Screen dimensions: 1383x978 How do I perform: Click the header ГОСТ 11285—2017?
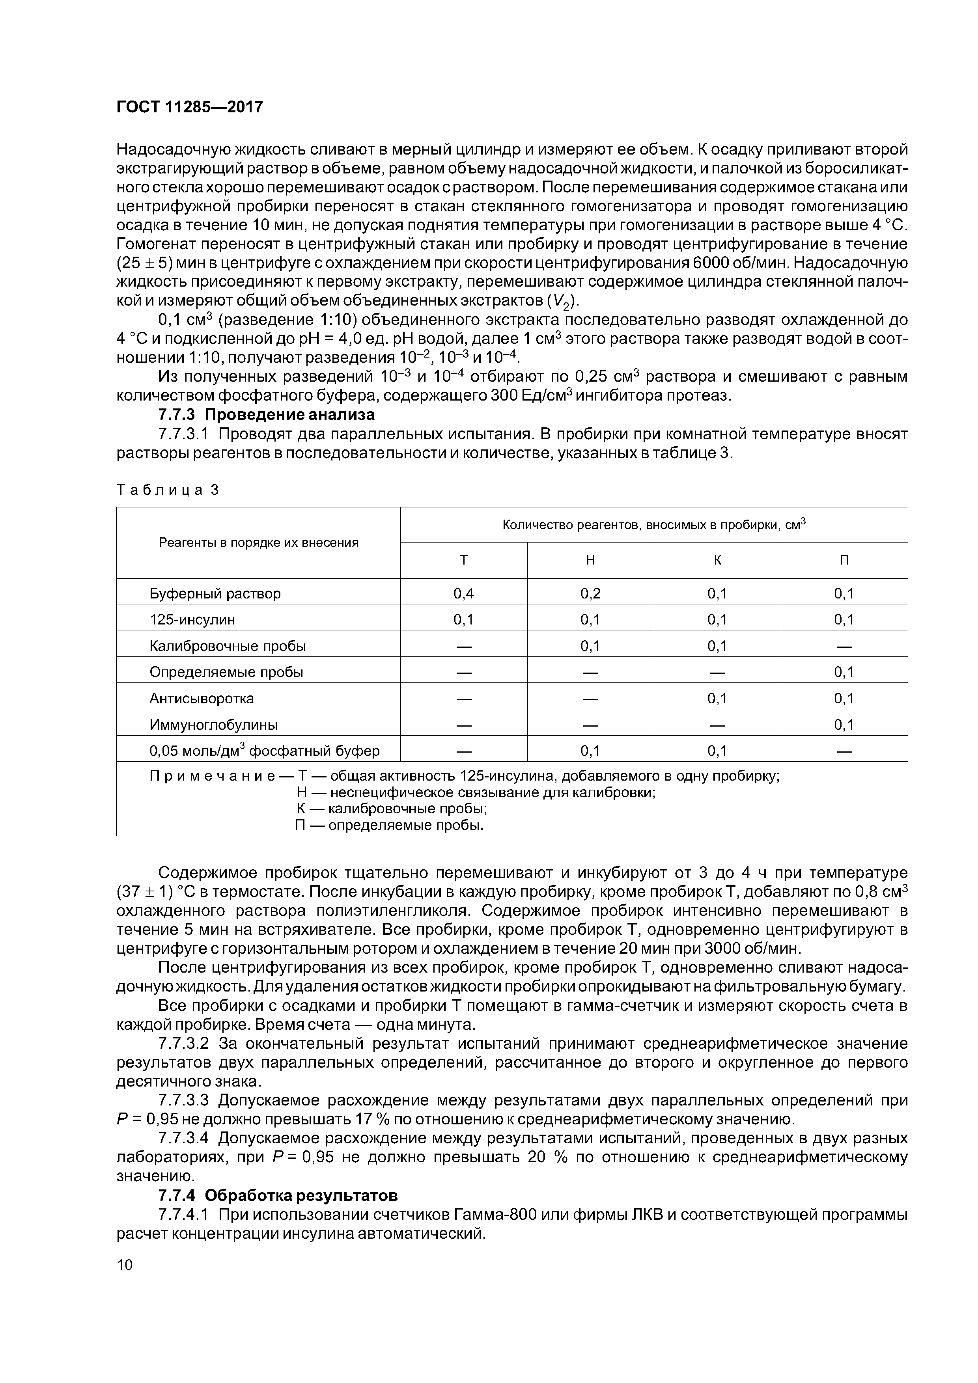[x=189, y=107]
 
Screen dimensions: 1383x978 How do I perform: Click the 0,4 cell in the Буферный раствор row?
[x=463, y=593]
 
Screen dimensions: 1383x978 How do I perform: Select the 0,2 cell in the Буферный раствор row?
[x=590, y=593]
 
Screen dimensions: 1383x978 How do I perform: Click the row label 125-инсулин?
[x=192, y=619]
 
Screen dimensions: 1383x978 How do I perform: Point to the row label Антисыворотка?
[x=201, y=698]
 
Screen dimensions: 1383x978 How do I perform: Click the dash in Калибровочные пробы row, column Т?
[x=463, y=646]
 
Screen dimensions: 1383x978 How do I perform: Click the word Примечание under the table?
[x=212, y=776]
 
